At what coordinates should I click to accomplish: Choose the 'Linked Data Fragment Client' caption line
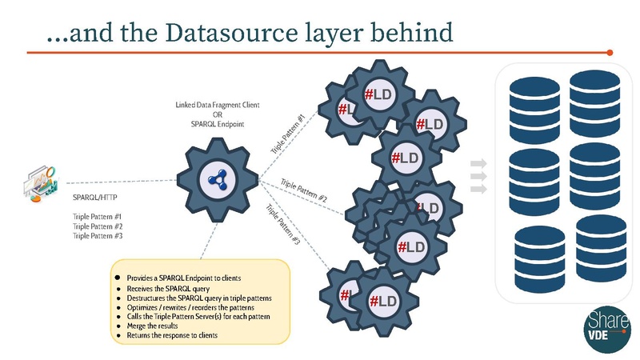click(x=218, y=106)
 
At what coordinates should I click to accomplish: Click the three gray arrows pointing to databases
click(x=478, y=177)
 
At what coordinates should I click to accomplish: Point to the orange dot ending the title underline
click(x=610, y=53)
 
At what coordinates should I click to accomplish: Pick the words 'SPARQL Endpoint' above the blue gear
click(x=218, y=125)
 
